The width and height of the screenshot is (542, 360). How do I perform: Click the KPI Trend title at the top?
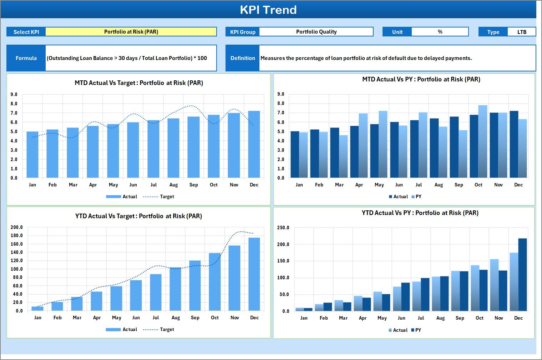(268, 10)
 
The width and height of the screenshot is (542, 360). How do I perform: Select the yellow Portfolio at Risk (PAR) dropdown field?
(131, 32)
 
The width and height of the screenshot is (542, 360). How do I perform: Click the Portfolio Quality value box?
(316, 32)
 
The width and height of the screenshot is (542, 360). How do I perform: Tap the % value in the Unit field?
(440, 32)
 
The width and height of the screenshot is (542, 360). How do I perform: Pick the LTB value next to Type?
(522, 32)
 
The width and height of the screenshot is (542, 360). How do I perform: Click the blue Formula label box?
(26, 58)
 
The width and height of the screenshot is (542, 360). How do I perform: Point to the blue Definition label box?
(243, 58)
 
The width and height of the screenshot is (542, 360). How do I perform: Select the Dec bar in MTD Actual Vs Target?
(254, 144)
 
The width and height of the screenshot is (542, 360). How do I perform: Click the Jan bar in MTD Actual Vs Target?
(32, 155)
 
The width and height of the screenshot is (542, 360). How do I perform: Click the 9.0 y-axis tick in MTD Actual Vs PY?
(281, 94)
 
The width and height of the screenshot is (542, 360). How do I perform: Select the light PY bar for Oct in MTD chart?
(483, 141)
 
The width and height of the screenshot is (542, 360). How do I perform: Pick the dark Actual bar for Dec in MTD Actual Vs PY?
(514, 144)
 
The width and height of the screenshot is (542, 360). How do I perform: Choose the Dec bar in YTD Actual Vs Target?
(254, 274)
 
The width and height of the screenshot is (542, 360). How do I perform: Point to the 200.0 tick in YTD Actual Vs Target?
(17, 227)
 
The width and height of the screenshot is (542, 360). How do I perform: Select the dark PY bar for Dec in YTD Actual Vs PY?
(522, 275)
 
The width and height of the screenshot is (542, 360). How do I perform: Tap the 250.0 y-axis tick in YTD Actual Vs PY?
(283, 228)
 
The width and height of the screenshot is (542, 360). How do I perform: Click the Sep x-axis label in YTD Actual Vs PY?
(460, 318)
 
